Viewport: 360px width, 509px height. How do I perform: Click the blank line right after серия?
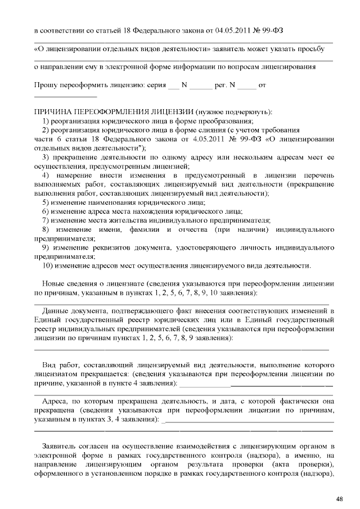pos(173,87)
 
